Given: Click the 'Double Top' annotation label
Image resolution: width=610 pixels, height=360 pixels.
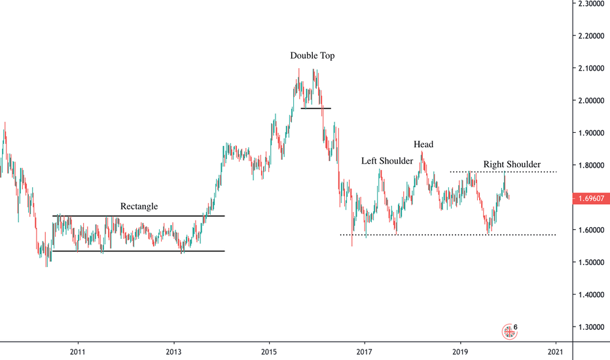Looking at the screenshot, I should click(x=312, y=56).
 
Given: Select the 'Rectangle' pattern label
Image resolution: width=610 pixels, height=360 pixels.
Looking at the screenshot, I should click(x=139, y=207).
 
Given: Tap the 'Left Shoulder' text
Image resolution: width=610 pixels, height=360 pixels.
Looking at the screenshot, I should click(x=387, y=161).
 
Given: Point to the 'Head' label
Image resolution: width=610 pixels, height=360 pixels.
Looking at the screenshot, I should click(x=423, y=145).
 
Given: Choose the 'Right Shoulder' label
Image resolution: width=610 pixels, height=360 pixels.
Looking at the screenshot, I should click(x=512, y=164).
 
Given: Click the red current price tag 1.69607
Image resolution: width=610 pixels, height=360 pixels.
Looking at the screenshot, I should click(x=591, y=196).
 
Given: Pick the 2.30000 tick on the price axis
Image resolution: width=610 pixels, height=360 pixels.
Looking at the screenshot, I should click(x=591, y=4).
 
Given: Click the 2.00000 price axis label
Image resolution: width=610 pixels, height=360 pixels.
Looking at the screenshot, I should click(x=591, y=101).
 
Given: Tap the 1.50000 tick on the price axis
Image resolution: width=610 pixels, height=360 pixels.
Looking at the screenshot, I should click(x=591, y=262).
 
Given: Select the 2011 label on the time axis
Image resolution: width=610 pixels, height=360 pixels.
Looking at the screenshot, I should click(x=78, y=351).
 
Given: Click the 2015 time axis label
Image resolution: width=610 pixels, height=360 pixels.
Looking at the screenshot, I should click(x=268, y=351).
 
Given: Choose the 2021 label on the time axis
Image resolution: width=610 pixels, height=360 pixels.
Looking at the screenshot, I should click(x=556, y=351).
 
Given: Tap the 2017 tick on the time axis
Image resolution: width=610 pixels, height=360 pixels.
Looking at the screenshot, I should click(x=365, y=351).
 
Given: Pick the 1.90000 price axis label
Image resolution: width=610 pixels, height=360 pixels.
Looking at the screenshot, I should click(x=591, y=133).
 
